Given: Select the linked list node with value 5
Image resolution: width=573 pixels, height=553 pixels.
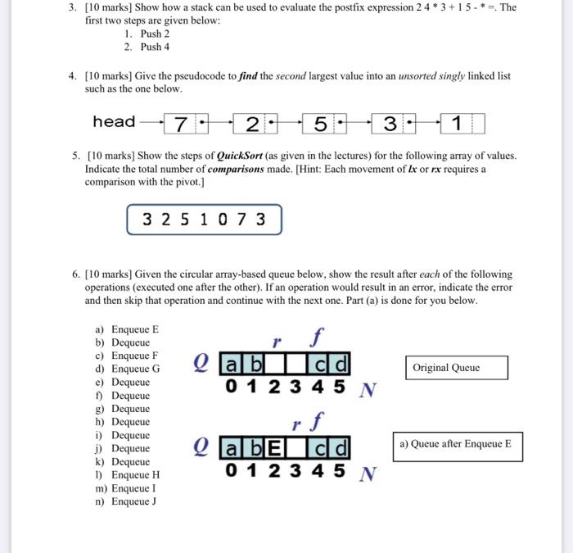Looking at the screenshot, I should [x=324, y=124].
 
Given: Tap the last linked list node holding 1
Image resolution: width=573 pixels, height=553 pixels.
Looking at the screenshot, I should [x=462, y=124].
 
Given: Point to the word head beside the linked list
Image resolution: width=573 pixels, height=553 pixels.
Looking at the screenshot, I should [x=114, y=122].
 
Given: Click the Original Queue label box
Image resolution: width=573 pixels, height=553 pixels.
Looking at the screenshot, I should [x=456, y=367].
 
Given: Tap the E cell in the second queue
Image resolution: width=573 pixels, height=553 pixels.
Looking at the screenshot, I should [x=273, y=447].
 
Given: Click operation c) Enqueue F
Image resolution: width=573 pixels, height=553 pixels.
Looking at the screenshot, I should [x=127, y=356].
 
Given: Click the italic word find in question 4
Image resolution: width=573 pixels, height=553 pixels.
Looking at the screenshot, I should [x=248, y=75].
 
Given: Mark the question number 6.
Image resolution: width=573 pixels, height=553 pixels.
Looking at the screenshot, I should [x=74, y=274].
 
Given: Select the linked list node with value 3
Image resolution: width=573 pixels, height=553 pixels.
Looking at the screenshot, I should [x=393, y=124].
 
